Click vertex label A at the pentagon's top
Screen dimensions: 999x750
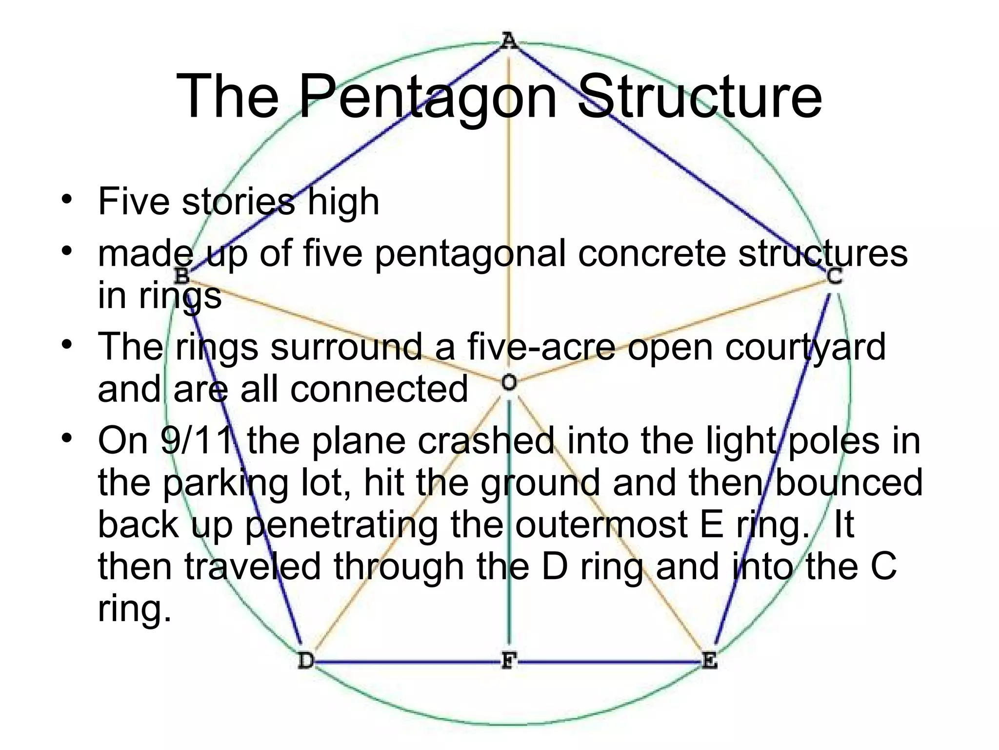click(x=508, y=41)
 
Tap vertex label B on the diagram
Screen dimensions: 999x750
click(x=181, y=276)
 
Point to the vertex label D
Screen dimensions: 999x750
click(x=306, y=661)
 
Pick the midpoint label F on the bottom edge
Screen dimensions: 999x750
click(x=508, y=661)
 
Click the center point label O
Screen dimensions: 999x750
click(x=509, y=382)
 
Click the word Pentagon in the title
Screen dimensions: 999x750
click(x=427, y=96)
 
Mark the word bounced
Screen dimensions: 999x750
click(x=848, y=482)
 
